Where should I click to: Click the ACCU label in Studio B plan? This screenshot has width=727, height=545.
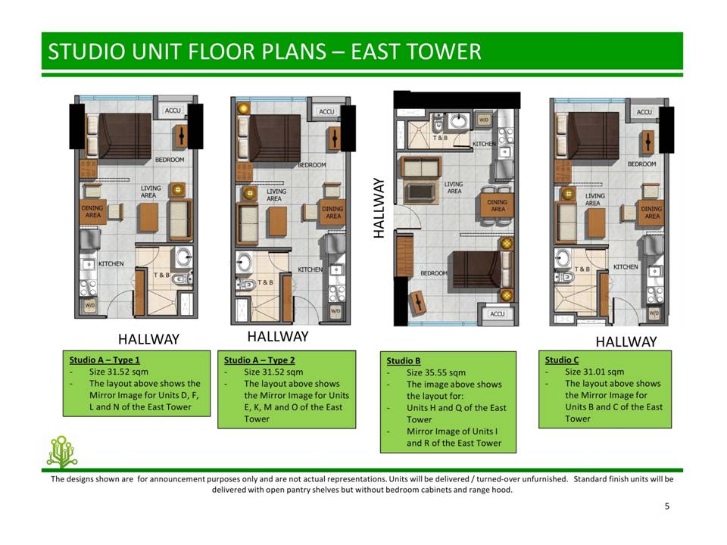[x=497, y=313]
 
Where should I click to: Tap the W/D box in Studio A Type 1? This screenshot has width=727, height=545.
[x=89, y=305]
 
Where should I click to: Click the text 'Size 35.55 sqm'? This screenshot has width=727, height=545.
[x=436, y=372]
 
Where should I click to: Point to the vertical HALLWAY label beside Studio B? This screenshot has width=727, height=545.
[x=379, y=208]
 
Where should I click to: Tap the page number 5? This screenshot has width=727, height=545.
[x=666, y=506]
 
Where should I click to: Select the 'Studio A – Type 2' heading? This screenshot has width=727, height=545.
[x=259, y=360]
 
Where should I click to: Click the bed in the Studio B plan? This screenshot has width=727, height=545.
[x=477, y=269]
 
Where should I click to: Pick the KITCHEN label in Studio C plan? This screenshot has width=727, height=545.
[x=626, y=267]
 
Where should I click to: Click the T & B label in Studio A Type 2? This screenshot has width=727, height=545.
[x=265, y=282]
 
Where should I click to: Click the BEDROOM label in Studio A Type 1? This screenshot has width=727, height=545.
[x=170, y=160]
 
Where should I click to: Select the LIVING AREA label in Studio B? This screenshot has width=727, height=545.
[x=454, y=188]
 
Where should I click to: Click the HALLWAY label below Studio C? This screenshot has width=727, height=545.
[x=626, y=342]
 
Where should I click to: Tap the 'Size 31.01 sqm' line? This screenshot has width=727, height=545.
[x=594, y=372]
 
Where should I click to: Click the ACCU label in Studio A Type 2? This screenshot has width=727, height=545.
[x=326, y=112]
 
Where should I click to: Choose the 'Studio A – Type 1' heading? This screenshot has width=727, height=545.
[x=105, y=360]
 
